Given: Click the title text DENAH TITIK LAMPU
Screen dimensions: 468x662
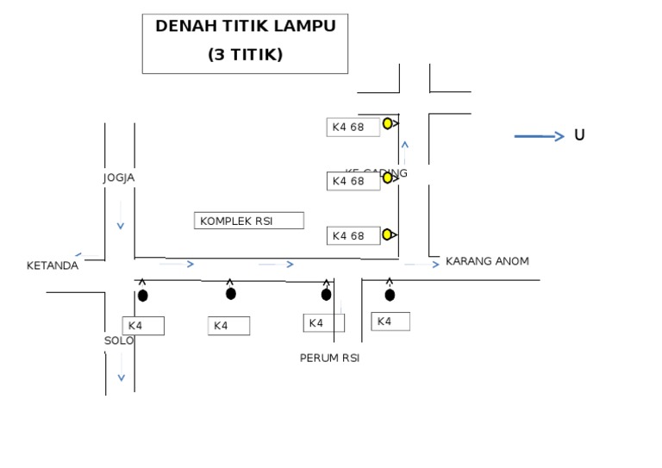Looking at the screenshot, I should [245, 27].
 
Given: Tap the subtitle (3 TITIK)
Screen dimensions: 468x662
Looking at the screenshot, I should [245, 55].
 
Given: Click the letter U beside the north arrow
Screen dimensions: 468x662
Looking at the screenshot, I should [579, 135].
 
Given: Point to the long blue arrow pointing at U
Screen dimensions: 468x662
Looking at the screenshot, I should [539, 136].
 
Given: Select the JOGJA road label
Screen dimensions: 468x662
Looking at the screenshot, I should [119, 178].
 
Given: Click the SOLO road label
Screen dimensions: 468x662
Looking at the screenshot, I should [119, 340].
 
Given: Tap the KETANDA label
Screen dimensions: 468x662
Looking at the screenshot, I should [52, 265].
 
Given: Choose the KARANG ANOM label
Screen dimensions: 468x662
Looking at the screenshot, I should [487, 261].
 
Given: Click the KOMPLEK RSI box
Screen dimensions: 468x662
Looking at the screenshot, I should [248, 221].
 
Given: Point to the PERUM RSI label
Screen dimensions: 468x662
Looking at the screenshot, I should [329, 359].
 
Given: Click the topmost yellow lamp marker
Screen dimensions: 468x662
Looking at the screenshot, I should [388, 123].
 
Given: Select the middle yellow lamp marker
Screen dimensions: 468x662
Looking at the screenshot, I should [388, 178].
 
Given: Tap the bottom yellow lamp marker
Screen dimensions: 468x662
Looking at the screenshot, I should [388, 234].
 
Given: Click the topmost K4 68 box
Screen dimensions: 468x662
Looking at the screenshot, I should [353, 128].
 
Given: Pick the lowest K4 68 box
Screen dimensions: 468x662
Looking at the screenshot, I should [353, 235].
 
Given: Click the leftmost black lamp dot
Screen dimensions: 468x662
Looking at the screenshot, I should [142, 296].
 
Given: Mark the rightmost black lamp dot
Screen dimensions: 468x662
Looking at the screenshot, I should [390, 295].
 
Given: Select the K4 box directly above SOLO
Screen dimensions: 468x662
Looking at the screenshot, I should [142, 326].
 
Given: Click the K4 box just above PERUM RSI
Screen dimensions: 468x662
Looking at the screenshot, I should [323, 323].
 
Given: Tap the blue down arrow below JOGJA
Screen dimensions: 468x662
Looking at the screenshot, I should [121, 226].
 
